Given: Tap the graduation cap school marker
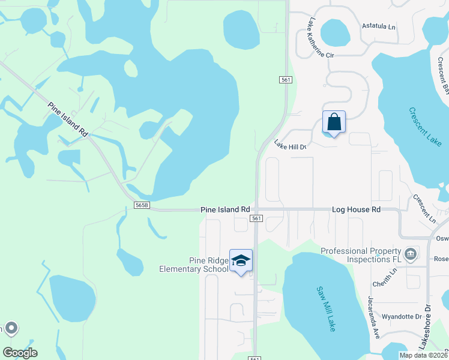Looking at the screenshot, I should (x=241, y=260).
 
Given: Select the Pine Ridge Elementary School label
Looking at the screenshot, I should (x=193, y=265).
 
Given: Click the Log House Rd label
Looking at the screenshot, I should (x=357, y=210).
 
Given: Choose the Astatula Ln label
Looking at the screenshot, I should (x=379, y=26).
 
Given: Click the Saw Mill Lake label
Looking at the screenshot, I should (x=326, y=308).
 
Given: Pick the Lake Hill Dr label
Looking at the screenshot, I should (x=291, y=145).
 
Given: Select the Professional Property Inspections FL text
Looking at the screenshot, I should (x=360, y=255).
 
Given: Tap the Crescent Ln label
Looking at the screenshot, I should (x=424, y=208).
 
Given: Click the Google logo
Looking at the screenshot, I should (x=20, y=353).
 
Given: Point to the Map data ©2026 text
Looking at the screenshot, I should (x=424, y=355).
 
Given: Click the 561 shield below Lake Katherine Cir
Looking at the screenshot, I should (x=285, y=80).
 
